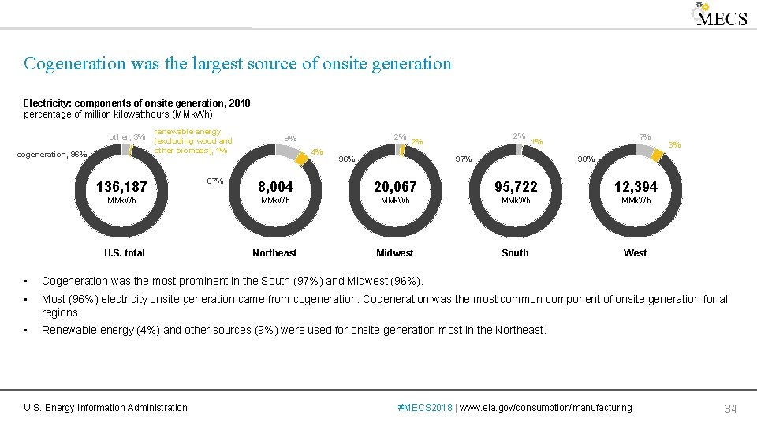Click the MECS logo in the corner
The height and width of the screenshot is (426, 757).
point(719,16)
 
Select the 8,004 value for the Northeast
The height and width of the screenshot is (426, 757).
point(275,187)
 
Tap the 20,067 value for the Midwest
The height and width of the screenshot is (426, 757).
point(394,187)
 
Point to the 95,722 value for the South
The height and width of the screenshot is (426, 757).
point(516,187)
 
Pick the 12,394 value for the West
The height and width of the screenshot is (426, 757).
point(635,187)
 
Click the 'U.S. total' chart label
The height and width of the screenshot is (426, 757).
point(125,253)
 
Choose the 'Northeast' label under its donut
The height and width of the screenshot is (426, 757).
point(274,253)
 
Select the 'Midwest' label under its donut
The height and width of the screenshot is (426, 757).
point(394,253)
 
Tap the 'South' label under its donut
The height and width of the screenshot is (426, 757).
point(515,253)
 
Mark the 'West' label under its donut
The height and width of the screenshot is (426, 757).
point(635,253)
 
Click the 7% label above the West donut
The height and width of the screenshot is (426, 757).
point(645,137)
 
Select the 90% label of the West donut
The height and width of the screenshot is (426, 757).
point(586,159)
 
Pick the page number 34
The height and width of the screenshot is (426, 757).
point(730,408)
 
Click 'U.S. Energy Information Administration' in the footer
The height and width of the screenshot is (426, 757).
point(106,408)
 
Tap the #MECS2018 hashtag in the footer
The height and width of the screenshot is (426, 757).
point(425,408)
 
